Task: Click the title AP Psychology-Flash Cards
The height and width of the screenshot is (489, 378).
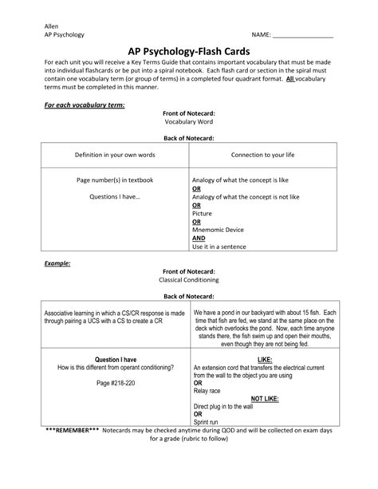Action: click(188, 51)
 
